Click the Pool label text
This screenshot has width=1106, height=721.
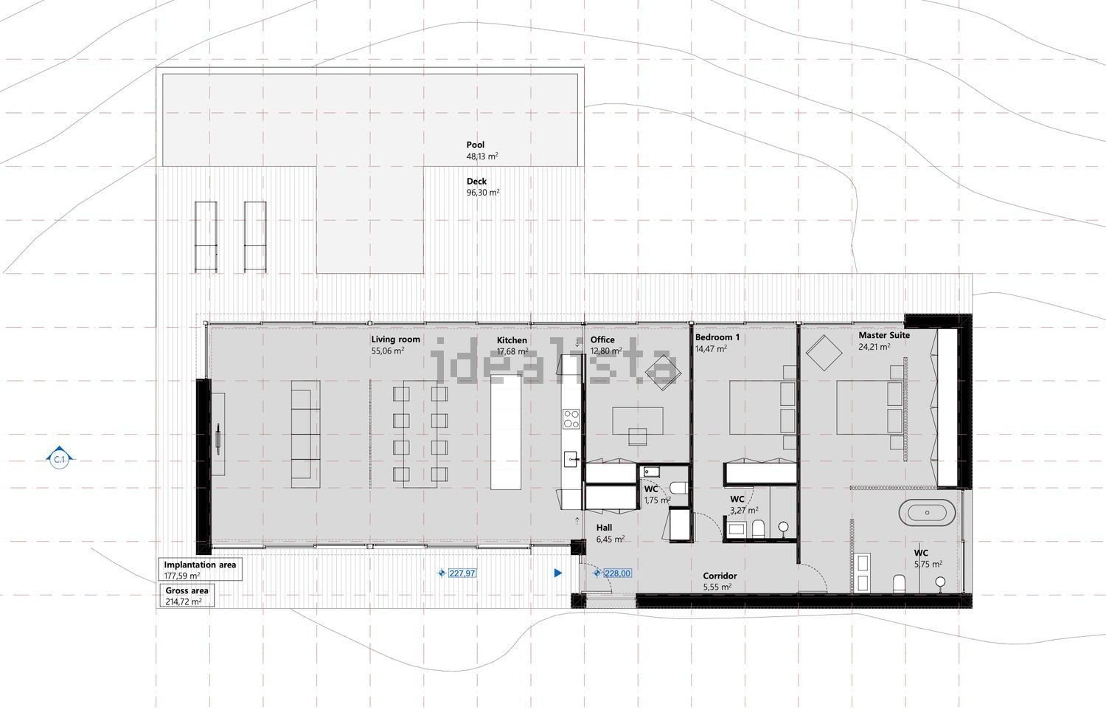pos(476,145)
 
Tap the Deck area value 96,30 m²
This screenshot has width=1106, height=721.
pos(483,193)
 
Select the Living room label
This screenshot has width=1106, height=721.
pos(395,339)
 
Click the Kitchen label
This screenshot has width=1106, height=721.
pos(512,340)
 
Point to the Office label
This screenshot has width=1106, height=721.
pos(602,339)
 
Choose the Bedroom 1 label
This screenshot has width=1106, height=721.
pos(717,337)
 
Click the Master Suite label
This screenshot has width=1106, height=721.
pos(884,335)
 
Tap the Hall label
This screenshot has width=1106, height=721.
pos(604,528)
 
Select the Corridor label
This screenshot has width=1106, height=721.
pos(720,576)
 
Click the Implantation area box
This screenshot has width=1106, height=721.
pos(200,569)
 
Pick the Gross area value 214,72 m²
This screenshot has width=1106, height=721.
pos(183,602)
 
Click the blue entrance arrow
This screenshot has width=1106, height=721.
pos(558,573)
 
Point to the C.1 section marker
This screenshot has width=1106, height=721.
pos(59,460)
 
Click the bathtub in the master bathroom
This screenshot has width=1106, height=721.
pos(926,512)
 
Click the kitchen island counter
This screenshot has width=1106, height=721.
pos(506,432)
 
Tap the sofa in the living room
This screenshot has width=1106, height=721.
pos(305,434)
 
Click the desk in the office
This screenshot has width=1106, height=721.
pos(638,421)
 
